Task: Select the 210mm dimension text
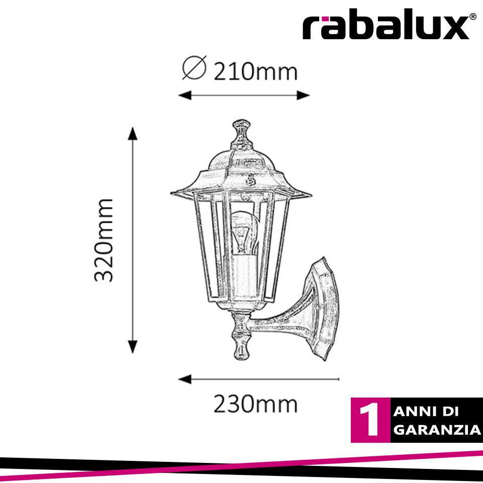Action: pyautogui.click(x=255, y=72)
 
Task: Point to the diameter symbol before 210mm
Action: pyautogui.click(x=194, y=68)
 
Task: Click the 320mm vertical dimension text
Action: pyautogui.click(x=104, y=240)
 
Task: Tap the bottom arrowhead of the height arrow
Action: pyautogui.click(x=133, y=346)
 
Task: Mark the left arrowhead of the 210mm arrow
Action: pyautogui.click(x=185, y=95)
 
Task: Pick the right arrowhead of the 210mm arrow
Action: pyautogui.click(x=303, y=95)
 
